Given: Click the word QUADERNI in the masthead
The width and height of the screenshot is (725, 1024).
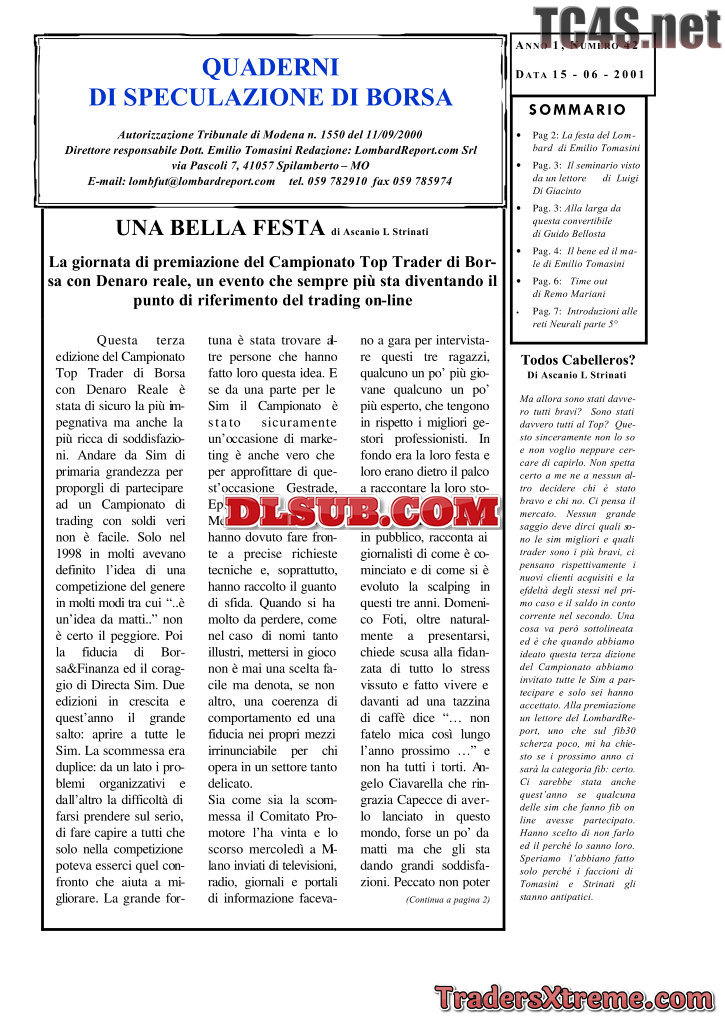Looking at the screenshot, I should pos(270,68).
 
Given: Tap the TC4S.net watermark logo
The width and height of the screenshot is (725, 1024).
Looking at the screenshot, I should pos(627,27).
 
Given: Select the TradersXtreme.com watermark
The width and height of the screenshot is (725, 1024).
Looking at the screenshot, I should pos(574,997).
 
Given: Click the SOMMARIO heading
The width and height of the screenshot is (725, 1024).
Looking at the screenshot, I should pos(577,110).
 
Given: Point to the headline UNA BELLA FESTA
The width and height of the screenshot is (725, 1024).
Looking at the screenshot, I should pos(220,228).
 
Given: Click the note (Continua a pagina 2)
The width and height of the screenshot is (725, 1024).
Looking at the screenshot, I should pos(447,899).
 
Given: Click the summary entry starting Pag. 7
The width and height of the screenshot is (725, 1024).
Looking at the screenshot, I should pos(584,317).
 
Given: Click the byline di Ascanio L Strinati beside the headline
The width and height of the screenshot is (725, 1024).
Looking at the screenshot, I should pos(380,232).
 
